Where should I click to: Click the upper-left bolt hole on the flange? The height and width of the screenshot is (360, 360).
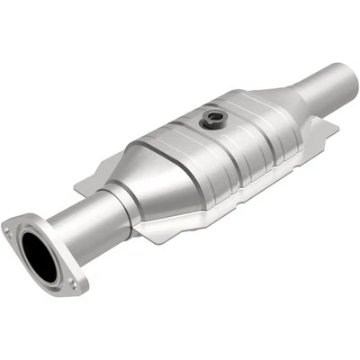point(11,232)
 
